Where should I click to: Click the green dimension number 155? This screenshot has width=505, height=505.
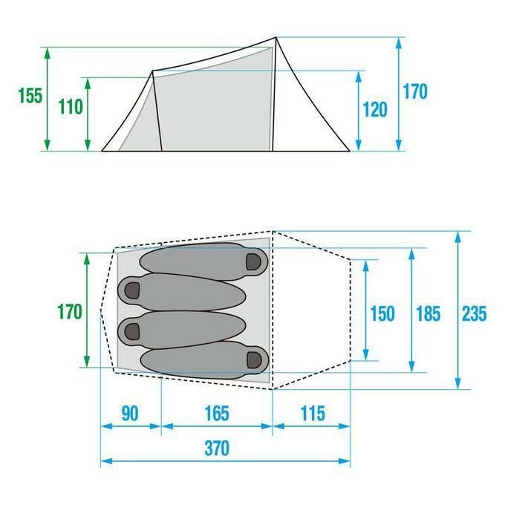[x=30, y=96]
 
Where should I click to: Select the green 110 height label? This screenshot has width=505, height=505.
[x=71, y=107]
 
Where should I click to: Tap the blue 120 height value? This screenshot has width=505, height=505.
[x=375, y=109]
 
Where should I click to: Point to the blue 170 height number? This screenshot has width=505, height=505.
[x=415, y=91]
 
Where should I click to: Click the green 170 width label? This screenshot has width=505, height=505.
[x=70, y=312]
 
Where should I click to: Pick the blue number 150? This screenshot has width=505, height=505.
[x=382, y=313]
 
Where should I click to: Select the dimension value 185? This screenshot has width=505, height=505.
[x=429, y=313]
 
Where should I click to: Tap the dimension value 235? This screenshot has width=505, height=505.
[x=475, y=313]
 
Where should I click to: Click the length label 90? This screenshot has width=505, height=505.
[x=130, y=413]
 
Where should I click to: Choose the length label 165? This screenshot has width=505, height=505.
[x=217, y=413]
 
